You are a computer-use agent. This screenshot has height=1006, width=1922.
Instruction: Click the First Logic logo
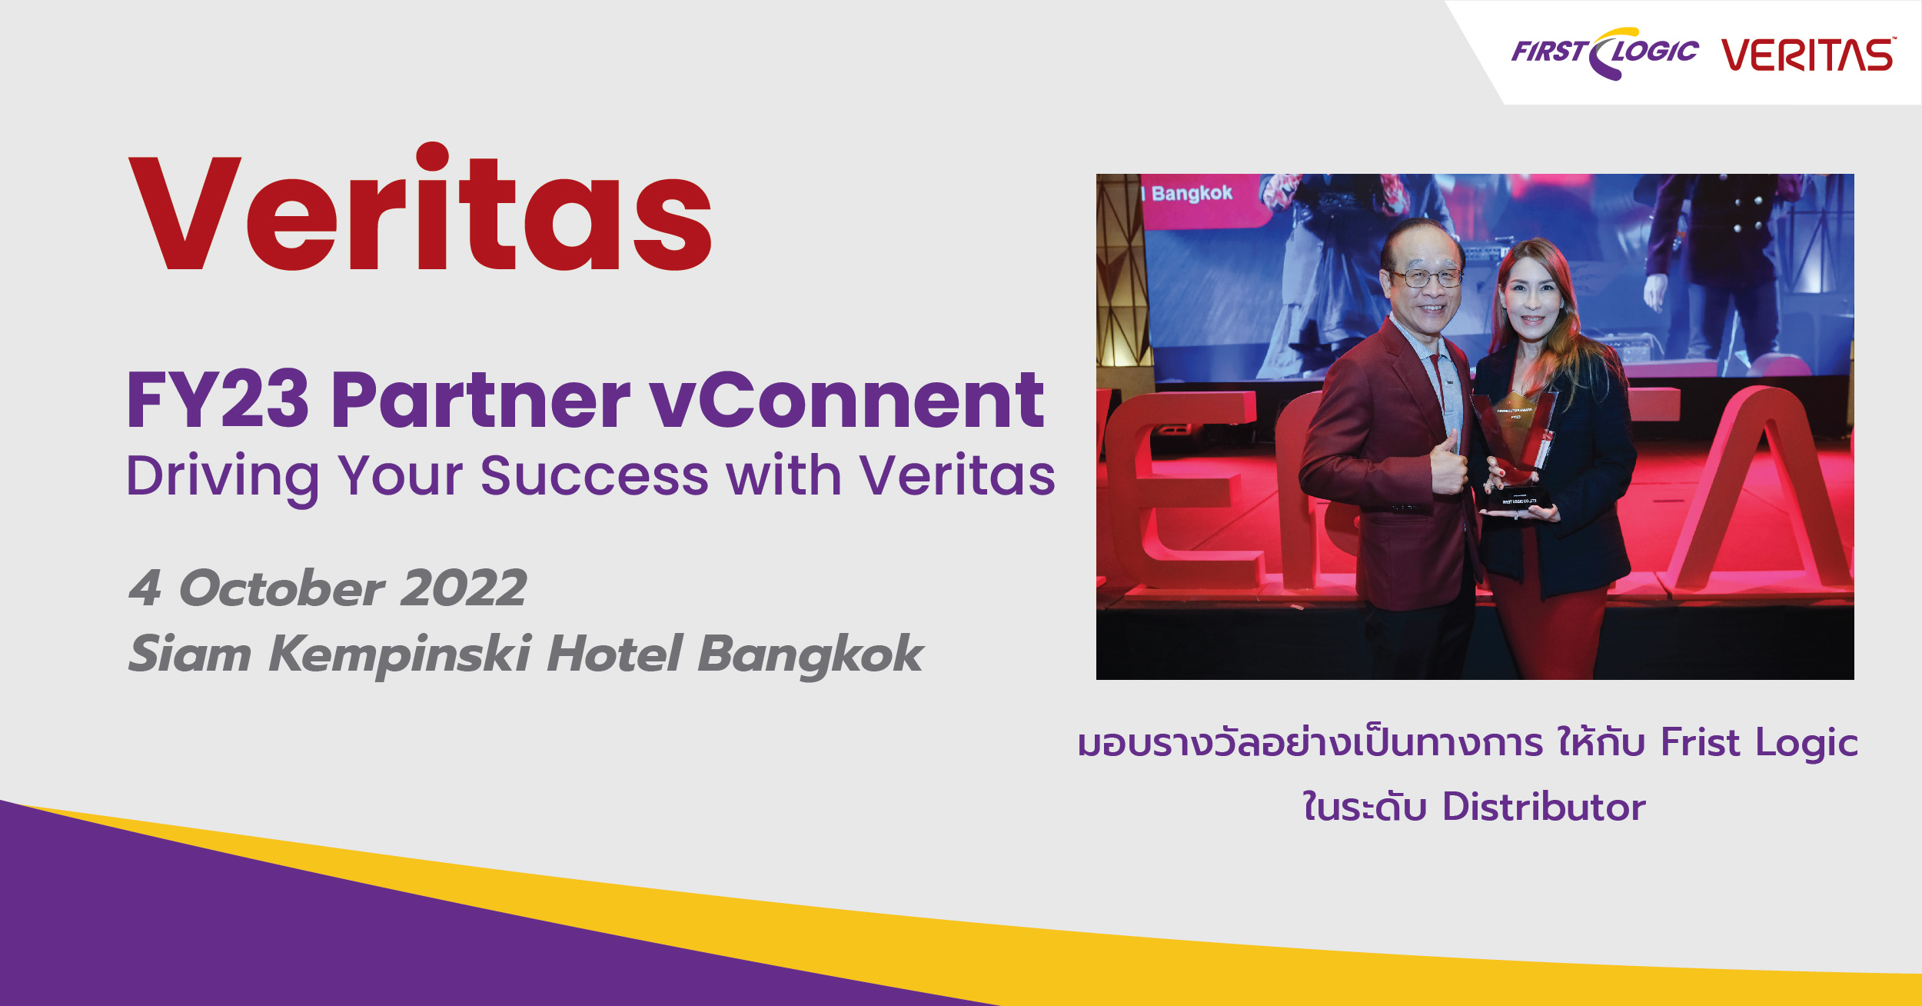pyautogui.click(x=1604, y=53)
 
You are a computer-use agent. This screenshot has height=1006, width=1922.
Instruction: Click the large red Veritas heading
pyautogui.click(x=420, y=207)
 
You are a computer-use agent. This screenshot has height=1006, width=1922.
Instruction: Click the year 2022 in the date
pyautogui.click(x=464, y=588)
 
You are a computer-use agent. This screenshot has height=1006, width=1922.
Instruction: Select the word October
pyautogui.click(x=281, y=588)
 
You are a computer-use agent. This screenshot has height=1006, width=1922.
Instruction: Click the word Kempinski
pyautogui.click(x=400, y=655)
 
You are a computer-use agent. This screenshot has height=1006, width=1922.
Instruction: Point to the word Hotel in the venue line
pyautogui.click(x=614, y=653)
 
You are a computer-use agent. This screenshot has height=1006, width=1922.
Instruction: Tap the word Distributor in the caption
pyautogui.click(x=1544, y=807)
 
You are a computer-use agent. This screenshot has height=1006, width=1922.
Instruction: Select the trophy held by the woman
pyautogui.click(x=1512, y=450)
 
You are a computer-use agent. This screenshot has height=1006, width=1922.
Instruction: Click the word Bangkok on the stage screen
pyautogui.click(x=1192, y=193)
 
